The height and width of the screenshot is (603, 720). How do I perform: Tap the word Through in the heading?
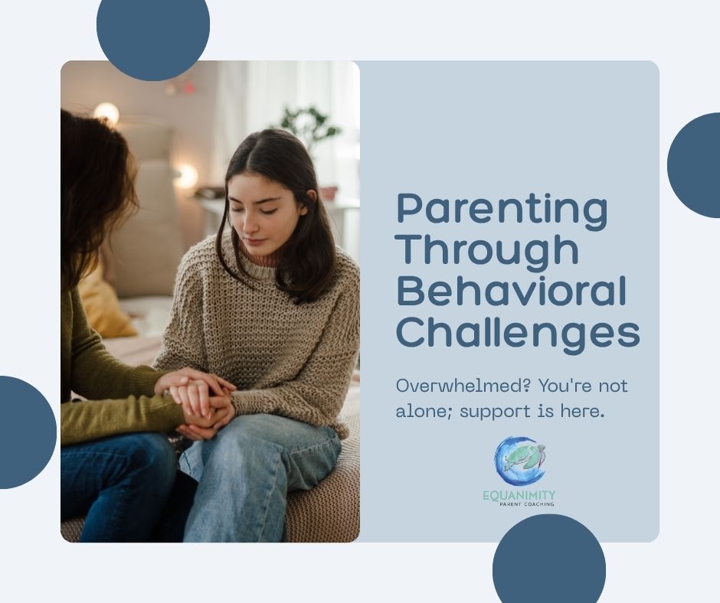coord(487,250)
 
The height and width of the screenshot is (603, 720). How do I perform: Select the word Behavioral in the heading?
coord(511,292)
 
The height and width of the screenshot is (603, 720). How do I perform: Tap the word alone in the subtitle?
coord(420,411)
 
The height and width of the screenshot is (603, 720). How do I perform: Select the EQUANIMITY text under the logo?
coord(519,495)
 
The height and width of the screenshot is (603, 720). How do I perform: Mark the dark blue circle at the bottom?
coord(548,562)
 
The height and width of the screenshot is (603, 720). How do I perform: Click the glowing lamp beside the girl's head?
coord(185,177)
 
